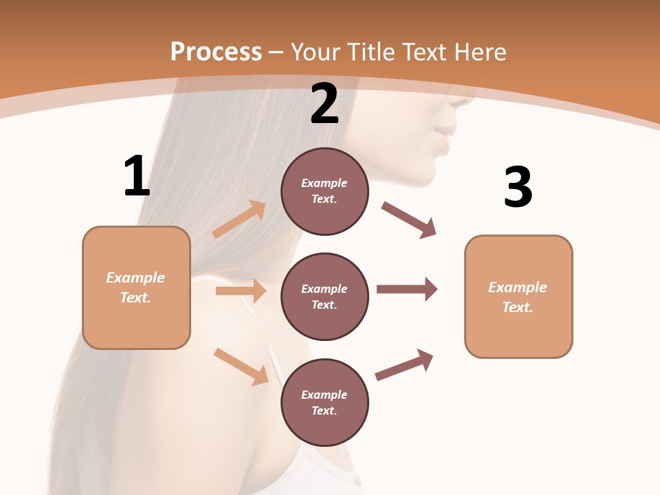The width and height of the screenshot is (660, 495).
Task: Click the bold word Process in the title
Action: pyautogui.click(x=216, y=52)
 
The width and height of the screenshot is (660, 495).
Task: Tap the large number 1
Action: pyautogui.click(x=137, y=176)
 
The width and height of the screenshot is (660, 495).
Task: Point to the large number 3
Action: pyautogui.click(x=518, y=187)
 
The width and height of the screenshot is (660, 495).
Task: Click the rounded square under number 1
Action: pyautogui.click(x=136, y=287)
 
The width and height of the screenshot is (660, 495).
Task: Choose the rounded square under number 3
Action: pyautogui.click(x=518, y=296)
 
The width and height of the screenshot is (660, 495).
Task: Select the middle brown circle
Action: pyautogui.click(x=324, y=296)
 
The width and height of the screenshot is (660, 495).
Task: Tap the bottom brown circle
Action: pyautogui.click(x=324, y=402)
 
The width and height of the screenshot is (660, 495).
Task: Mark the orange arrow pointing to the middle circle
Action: pyautogui.click(x=241, y=291)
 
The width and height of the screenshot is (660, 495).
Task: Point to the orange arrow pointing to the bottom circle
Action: pyautogui.click(x=241, y=366)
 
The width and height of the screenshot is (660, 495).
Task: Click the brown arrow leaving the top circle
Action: pyautogui.click(x=408, y=220)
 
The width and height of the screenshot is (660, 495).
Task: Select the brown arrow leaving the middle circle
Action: pyautogui.click(x=407, y=289)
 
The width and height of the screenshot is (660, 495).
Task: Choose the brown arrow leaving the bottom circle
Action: pyautogui.click(x=404, y=364)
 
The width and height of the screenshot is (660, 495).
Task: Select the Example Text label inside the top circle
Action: pyautogui.click(x=324, y=191)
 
